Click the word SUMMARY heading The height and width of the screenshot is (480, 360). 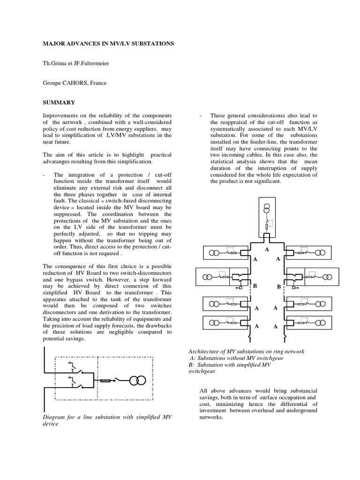pyautogui.click(x=58, y=102)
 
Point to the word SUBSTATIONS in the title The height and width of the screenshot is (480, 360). pyautogui.click(x=151, y=44)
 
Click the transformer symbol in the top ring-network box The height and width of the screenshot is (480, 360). pyautogui.click(x=266, y=207)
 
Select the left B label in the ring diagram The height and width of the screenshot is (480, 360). pyautogui.click(x=255, y=285)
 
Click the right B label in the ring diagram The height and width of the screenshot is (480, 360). pyautogui.click(x=278, y=286)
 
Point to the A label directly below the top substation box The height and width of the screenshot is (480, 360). pyautogui.click(x=267, y=250)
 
